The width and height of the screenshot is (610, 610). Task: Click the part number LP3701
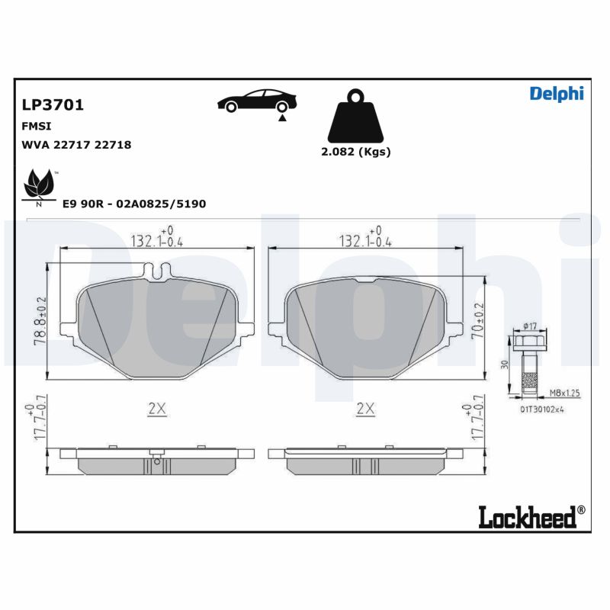[53, 105]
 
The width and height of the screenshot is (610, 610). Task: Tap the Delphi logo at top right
[556, 93]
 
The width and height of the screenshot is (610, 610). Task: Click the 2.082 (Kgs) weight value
[355, 152]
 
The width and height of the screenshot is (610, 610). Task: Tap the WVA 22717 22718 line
[76, 144]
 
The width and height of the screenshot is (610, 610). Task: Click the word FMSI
[37, 126]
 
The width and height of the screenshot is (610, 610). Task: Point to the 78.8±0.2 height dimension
[42, 320]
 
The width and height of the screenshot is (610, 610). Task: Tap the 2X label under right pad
[366, 409]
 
